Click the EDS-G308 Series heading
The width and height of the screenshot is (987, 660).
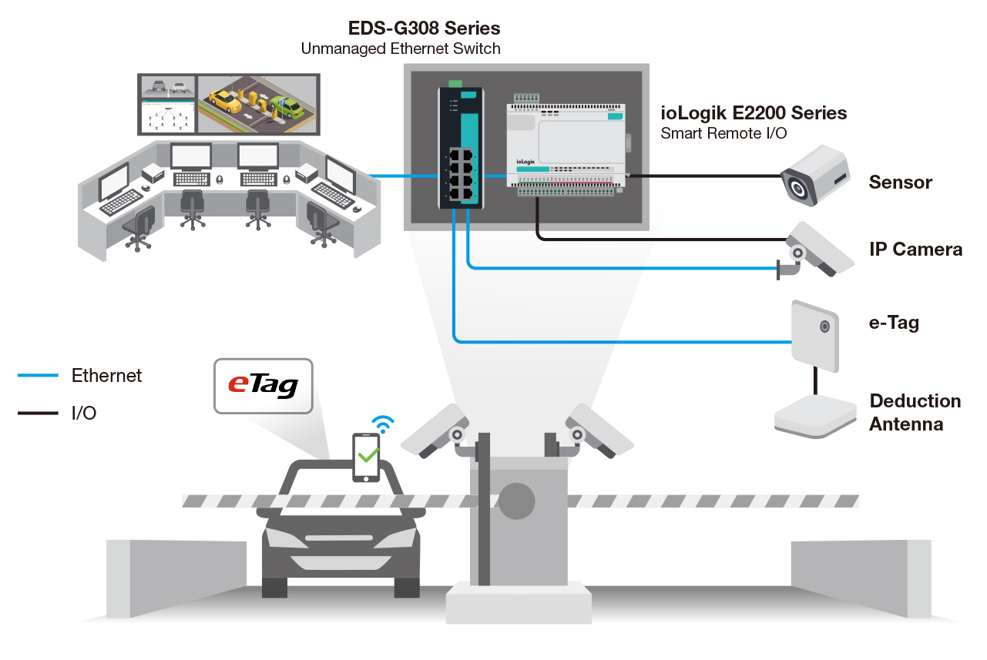click(x=425, y=28)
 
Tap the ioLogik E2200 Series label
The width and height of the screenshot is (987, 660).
click(x=754, y=113)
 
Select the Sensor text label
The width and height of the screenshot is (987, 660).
click(x=900, y=183)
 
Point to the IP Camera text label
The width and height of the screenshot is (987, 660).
click(x=915, y=250)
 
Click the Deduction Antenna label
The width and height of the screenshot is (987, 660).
click(x=915, y=412)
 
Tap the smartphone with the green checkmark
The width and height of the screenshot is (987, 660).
click(x=367, y=457)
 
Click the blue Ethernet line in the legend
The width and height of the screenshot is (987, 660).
click(x=38, y=376)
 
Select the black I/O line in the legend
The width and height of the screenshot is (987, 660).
click(x=38, y=414)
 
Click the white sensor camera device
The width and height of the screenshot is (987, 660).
click(x=814, y=176)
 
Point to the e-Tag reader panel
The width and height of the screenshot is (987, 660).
click(x=814, y=336)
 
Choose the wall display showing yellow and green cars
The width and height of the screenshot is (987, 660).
click(x=258, y=103)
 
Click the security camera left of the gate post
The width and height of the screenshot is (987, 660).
click(x=436, y=429)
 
